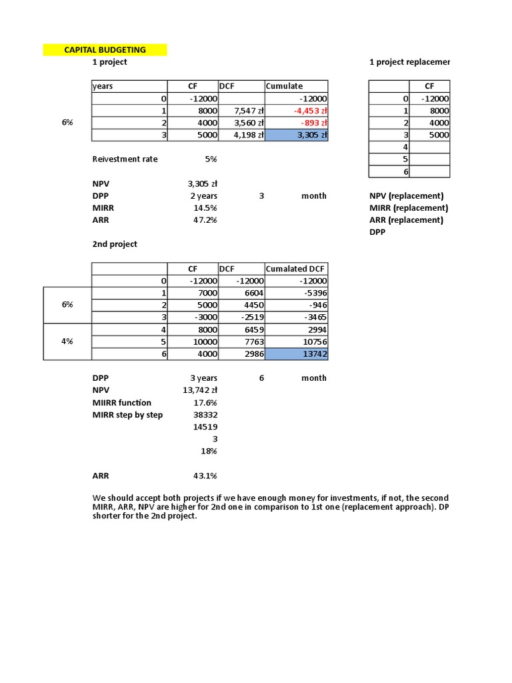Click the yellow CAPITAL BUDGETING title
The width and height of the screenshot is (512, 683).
coord(105,50)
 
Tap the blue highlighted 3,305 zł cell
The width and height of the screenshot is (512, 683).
coord(297,135)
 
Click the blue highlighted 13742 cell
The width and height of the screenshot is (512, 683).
coord(297,354)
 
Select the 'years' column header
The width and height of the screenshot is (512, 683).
coord(103,86)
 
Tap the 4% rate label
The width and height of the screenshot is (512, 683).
coord(67,341)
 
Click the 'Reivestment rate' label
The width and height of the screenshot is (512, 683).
coord(125,159)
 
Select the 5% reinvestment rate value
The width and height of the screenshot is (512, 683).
coord(210,159)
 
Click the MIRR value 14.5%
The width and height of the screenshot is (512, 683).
coord(205,208)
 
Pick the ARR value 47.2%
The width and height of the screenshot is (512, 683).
coord(205,220)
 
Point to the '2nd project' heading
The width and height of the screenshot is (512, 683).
coord(115,244)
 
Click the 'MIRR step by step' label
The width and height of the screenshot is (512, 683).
coord(127,415)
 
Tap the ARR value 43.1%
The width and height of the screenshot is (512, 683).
coord(205,476)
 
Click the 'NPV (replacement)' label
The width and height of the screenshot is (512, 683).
coord(406,196)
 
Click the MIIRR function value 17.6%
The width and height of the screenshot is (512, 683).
coord(205,403)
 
